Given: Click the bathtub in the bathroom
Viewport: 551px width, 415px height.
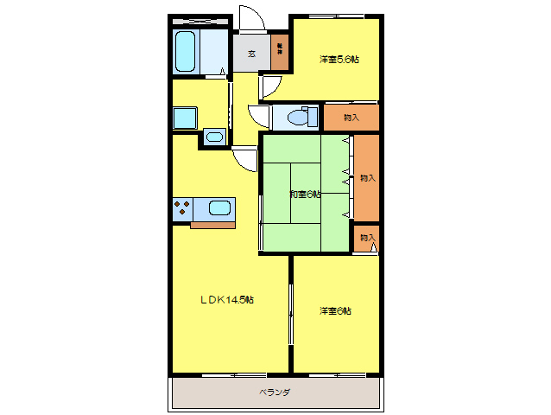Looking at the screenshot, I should click(186, 52).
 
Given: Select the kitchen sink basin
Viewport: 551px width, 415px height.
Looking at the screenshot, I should click(221, 207).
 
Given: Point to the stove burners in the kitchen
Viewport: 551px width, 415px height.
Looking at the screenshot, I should click(183, 207).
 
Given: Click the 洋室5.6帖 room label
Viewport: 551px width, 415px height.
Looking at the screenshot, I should click(339, 60).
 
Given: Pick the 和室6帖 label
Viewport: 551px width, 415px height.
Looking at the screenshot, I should click(305, 194).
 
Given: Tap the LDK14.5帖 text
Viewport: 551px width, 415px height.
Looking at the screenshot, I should click(227, 300).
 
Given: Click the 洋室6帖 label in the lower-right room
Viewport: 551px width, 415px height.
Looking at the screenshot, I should click(335, 310).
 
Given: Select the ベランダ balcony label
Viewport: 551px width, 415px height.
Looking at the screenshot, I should click(275, 392).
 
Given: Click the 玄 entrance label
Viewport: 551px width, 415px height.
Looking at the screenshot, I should click(251, 53).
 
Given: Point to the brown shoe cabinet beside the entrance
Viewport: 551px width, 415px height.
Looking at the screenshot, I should click(280, 51).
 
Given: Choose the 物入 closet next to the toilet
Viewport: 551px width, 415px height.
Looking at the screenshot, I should click(351, 117).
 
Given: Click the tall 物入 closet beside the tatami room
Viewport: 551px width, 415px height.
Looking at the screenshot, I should click(367, 177).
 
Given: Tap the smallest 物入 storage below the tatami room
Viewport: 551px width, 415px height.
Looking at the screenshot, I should click(367, 238).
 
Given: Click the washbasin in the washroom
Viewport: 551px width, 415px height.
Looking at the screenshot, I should click(214, 136).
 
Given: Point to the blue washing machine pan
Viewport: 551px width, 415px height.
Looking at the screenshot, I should click(185, 118).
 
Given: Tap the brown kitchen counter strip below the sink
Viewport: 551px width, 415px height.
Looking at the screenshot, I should click(212, 226).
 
